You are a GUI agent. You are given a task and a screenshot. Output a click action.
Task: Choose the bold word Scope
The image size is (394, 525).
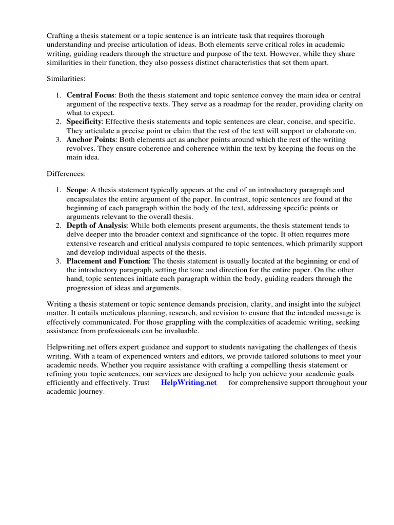coord(76,190)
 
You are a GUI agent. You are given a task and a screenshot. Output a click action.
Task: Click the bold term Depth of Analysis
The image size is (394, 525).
coord(96,226)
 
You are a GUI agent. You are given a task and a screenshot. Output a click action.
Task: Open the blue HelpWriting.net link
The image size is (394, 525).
coord(189,382)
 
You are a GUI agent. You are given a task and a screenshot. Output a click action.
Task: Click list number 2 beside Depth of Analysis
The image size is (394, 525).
coord(58,226)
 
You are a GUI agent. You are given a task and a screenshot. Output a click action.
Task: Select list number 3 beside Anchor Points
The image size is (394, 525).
coord(58,139)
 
